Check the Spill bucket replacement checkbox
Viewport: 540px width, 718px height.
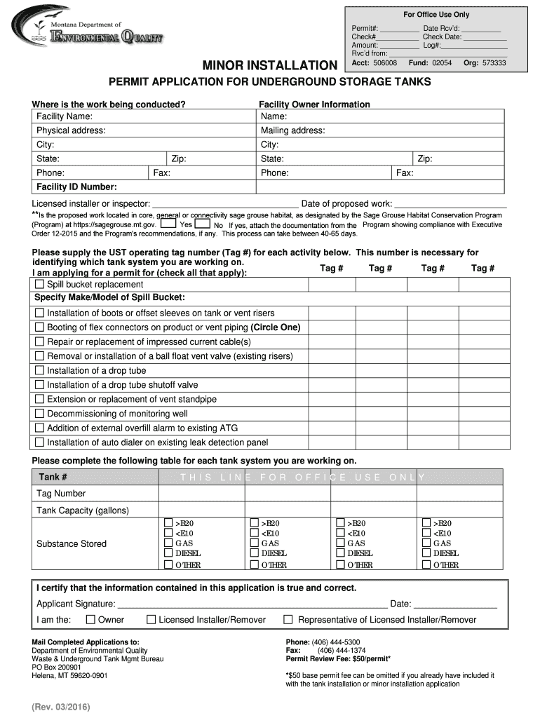click(x=39, y=285)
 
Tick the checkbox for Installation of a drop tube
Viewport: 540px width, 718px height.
click(x=39, y=370)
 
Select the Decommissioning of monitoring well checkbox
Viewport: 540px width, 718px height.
click(x=39, y=414)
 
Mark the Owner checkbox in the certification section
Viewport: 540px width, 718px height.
click(x=90, y=619)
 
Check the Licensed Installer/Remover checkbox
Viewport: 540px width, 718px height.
click(x=151, y=619)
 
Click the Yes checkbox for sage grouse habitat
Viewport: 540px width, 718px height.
click(x=168, y=224)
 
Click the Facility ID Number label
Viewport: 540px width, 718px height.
click(x=76, y=187)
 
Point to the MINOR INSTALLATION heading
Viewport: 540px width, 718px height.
click(x=269, y=66)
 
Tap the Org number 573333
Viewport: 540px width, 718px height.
click(x=493, y=63)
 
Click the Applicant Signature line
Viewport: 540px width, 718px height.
click(x=252, y=603)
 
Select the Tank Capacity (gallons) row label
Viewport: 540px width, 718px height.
click(x=83, y=510)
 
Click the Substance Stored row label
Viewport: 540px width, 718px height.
click(x=72, y=543)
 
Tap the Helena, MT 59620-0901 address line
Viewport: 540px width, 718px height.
click(x=69, y=676)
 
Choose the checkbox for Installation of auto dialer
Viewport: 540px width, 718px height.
click(x=39, y=442)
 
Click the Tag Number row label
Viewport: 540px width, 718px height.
click(x=61, y=493)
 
